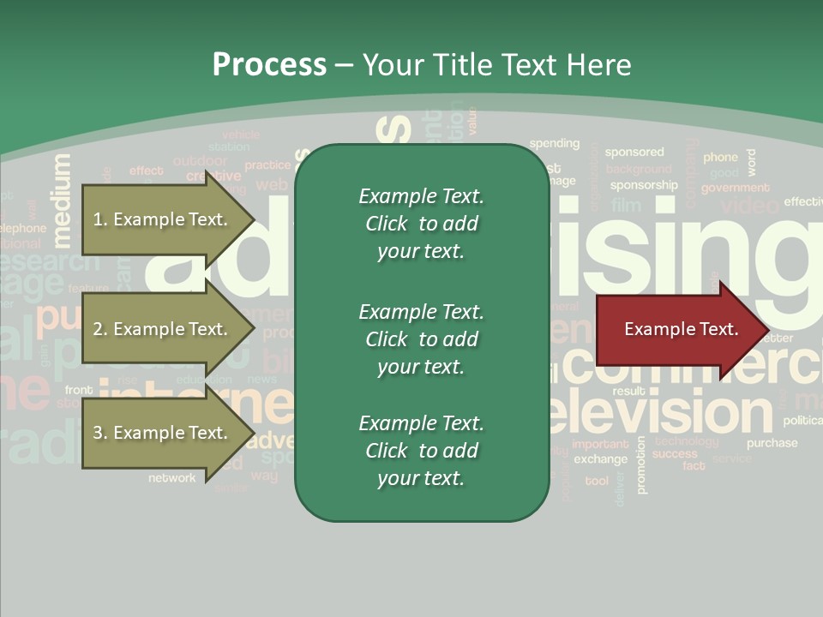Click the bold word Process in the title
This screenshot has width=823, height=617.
[x=269, y=65]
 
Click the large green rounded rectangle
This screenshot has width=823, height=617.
[x=422, y=332]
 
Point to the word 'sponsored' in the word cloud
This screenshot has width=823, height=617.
[x=634, y=152]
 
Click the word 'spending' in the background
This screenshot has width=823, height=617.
[x=554, y=143]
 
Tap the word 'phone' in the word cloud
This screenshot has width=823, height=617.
[x=720, y=157]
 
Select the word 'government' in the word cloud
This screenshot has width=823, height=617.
[x=735, y=188]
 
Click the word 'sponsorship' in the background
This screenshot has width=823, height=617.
[x=644, y=184]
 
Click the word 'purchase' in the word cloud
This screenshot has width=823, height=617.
[x=772, y=443]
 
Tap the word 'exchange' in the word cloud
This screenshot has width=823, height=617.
[x=601, y=458]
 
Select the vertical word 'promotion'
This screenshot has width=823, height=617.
[x=641, y=464]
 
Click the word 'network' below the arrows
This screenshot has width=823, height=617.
[x=171, y=477]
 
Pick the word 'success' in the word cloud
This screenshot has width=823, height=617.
[x=675, y=454]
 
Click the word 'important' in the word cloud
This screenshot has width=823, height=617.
[x=600, y=444]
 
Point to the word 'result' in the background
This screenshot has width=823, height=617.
[x=628, y=391]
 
